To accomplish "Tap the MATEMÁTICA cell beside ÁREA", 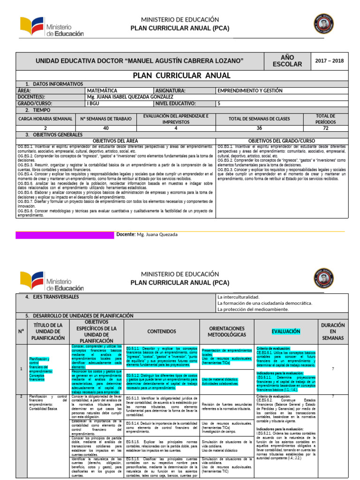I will click(x=102, y=90).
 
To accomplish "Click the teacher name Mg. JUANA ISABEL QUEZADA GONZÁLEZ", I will click(x=127, y=97).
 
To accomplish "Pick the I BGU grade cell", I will click(x=93, y=104).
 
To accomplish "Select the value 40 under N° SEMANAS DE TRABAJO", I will click(x=105, y=128).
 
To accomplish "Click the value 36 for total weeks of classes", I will click(x=259, y=128).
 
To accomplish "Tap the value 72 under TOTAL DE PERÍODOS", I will click(x=326, y=128).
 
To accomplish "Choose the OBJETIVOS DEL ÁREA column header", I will click(x=115, y=141).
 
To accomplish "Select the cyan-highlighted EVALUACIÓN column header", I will click(x=285, y=331).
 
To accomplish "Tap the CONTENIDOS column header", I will click(x=162, y=331).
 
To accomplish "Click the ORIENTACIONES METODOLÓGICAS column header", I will click(x=227, y=331).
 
